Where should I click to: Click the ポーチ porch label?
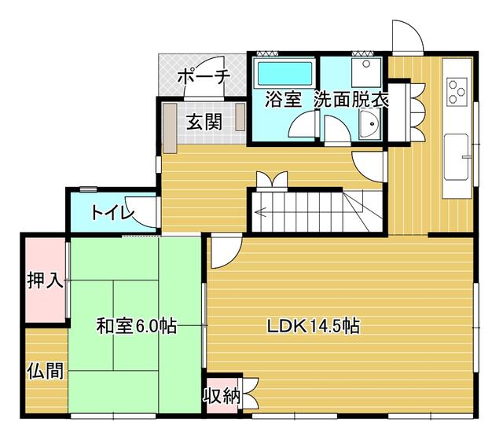tap(204, 77)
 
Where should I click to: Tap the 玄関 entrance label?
tap(204, 122)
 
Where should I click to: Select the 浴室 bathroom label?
tap(283, 100)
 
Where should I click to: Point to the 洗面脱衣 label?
tap(351, 100)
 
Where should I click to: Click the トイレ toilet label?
tap(112, 213)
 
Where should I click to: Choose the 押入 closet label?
tap(45, 281)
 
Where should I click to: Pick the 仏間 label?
tap(46, 371)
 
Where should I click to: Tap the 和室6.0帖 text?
tap(137, 326)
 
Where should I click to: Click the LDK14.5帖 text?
tap(314, 326)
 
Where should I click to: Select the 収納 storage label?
tap(222, 396)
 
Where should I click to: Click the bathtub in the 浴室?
tap(285, 74)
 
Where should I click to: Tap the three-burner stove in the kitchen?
tap(457, 92)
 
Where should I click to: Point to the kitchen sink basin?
tap(456, 157)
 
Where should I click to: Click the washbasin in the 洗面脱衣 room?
tap(369, 123)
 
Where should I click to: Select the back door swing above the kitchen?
tap(407, 36)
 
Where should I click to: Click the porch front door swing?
tap(204, 77)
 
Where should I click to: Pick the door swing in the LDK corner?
tap(226, 252)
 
